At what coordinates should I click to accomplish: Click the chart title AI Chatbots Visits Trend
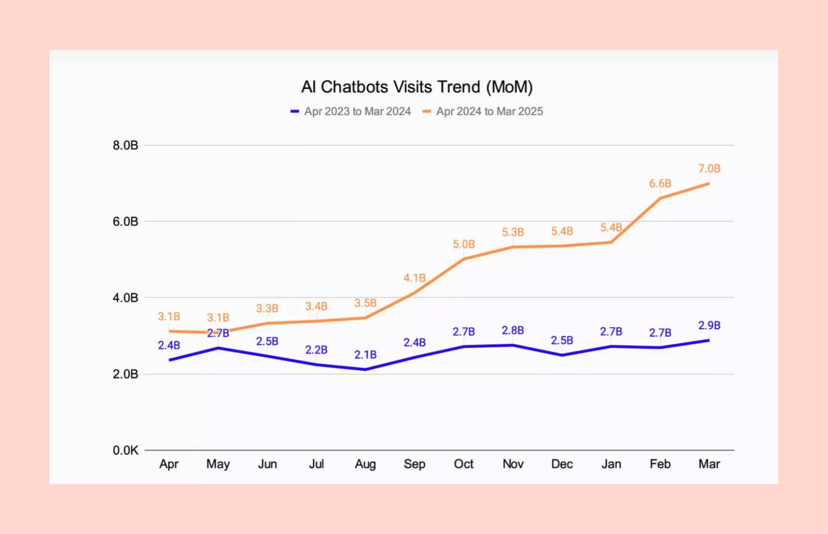417,87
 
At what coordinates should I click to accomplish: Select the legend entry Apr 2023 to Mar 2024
357,112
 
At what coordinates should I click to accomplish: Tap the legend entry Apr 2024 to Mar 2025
489,112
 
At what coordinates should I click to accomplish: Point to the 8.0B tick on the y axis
125,145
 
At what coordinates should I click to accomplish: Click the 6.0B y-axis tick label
125,222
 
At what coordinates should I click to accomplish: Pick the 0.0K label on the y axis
125,450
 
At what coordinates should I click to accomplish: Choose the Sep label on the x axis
415,464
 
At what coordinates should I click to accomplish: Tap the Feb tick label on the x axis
660,464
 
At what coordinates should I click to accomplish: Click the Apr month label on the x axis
169,464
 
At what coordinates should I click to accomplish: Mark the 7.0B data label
709,169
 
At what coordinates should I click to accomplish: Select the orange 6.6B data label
660,183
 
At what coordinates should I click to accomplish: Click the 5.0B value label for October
464,244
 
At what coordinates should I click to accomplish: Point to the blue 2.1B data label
365,355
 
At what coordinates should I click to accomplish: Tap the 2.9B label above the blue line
709,326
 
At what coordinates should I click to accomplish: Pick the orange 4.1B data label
415,278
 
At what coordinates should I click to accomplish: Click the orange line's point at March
709,183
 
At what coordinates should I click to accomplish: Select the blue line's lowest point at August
365,370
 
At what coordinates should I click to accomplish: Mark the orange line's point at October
464,259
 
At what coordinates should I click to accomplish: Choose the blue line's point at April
170,360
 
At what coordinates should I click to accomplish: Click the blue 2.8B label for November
513,330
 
